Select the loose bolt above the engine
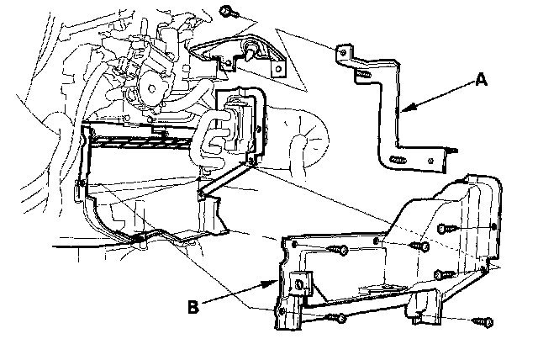227,12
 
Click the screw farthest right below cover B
482,321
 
